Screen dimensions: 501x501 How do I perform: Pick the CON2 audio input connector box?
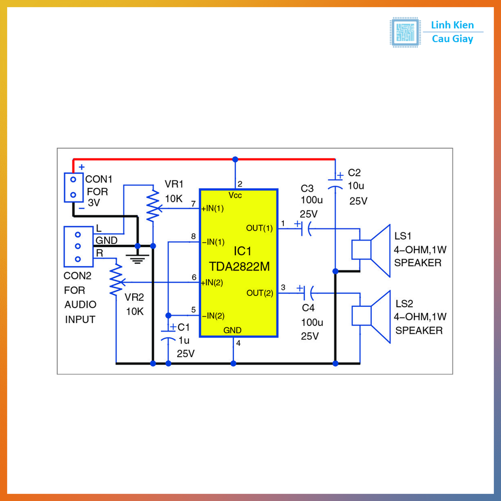78,247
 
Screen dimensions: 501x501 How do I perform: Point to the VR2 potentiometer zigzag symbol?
116,280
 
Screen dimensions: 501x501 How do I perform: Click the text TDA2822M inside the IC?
239,267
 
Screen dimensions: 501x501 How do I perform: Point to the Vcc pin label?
235,196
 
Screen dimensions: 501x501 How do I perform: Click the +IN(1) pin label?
212,209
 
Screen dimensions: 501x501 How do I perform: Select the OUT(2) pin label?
260,293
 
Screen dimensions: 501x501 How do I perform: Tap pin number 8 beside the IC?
193,236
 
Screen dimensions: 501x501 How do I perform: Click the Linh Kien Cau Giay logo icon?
405,32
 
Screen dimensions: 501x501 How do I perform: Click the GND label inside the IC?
232,330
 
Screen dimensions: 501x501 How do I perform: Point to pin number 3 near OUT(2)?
283,287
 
